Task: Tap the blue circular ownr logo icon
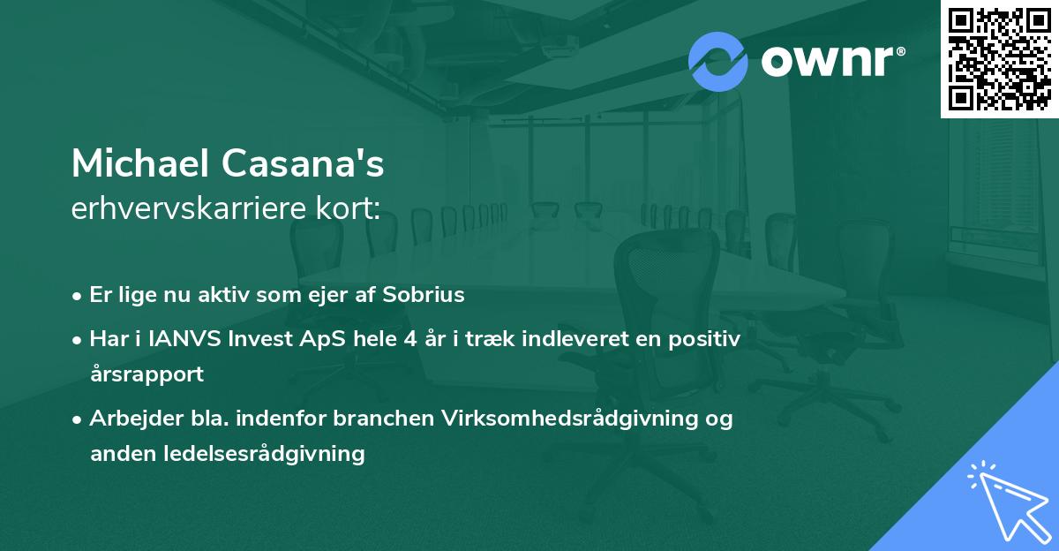click(718, 61)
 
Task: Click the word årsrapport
click(146, 374)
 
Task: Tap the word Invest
click(238, 338)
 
